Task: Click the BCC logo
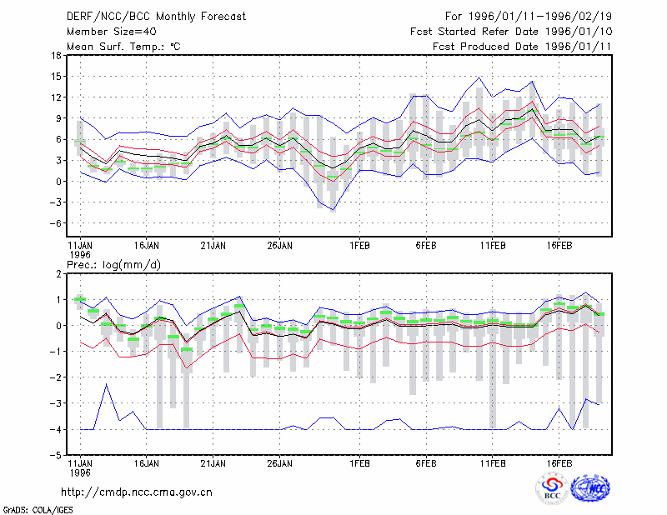click(552, 488)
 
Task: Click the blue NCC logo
click(590, 488)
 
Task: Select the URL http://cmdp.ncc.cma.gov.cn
click(137, 492)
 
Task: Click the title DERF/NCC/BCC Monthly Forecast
click(156, 17)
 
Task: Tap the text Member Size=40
click(112, 32)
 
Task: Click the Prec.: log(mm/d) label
click(113, 265)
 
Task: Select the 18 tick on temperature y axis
click(56, 55)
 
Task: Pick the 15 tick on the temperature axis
click(56, 77)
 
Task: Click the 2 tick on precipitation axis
click(58, 274)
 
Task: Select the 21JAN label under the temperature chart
click(213, 246)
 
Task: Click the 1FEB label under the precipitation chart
click(359, 463)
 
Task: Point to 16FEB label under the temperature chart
click(559, 246)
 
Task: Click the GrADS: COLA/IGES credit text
click(38, 510)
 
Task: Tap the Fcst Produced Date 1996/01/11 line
click(522, 47)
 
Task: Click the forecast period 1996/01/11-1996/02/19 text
click(540, 17)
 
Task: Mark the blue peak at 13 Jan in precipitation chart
click(107, 384)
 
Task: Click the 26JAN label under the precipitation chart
click(279, 463)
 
